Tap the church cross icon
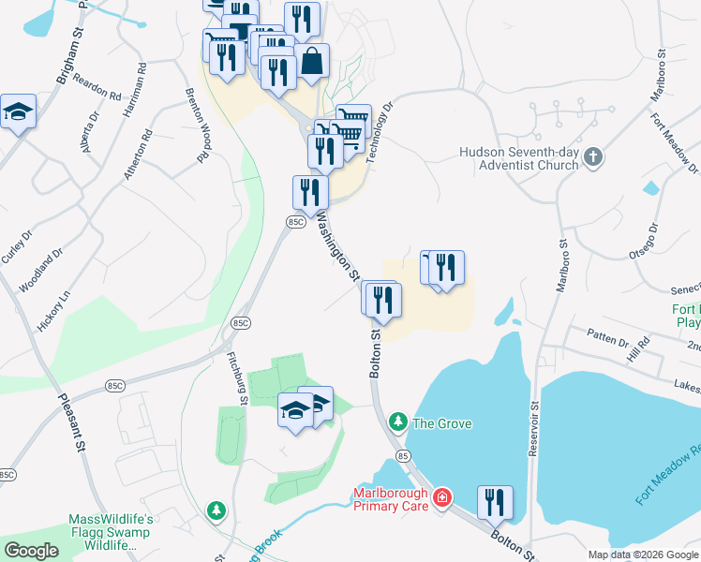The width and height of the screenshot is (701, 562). (x=592, y=158)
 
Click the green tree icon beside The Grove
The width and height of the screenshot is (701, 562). (x=398, y=423)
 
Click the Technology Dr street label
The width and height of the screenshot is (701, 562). (x=378, y=134)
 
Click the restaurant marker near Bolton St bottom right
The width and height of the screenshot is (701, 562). (x=495, y=503)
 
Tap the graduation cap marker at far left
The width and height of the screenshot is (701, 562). (x=18, y=113)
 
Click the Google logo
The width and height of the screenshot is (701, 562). (x=31, y=551)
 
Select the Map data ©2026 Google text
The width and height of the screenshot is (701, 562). (x=642, y=555)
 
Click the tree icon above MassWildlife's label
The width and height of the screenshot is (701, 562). (x=216, y=510)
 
